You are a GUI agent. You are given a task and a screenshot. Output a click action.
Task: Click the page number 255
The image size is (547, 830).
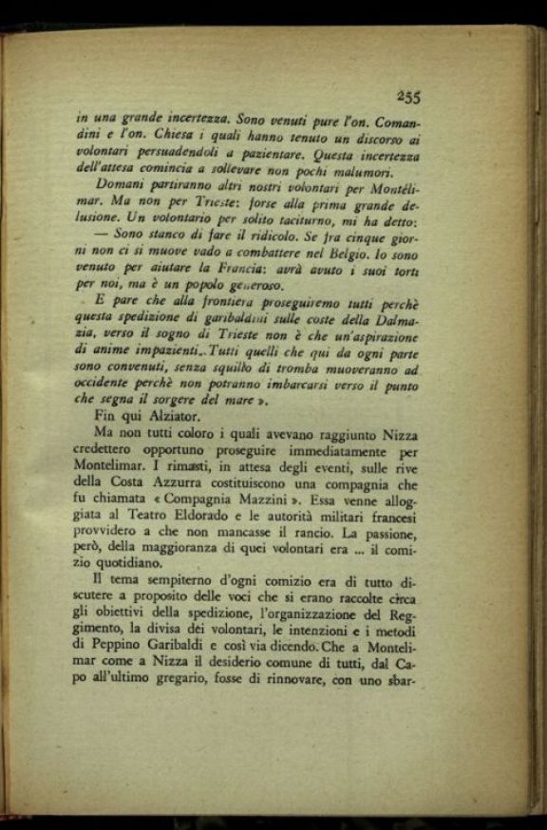click(x=409, y=95)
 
